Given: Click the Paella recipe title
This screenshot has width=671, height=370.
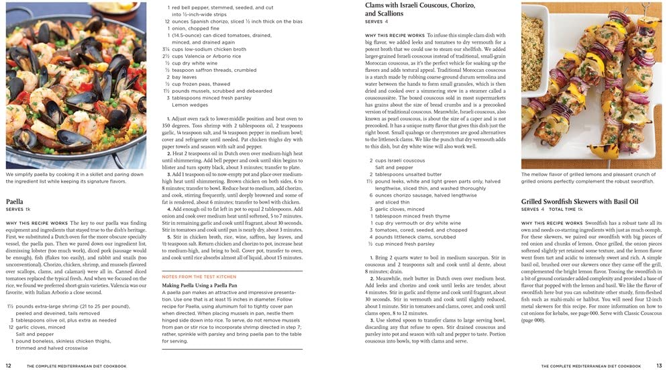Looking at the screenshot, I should (x=15, y=201).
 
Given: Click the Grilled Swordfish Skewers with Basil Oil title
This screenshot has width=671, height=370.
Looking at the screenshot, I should (x=579, y=201).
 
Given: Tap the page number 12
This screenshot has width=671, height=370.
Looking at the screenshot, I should (x=8, y=366).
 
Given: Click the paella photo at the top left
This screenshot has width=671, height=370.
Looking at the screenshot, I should (x=76, y=85).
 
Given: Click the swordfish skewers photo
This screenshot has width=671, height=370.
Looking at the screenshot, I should (x=592, y=85).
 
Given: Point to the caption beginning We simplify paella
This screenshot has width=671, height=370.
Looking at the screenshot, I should (x=76, y=177).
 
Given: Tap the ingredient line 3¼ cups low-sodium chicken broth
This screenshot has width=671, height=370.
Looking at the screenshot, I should (x=204, y=49).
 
